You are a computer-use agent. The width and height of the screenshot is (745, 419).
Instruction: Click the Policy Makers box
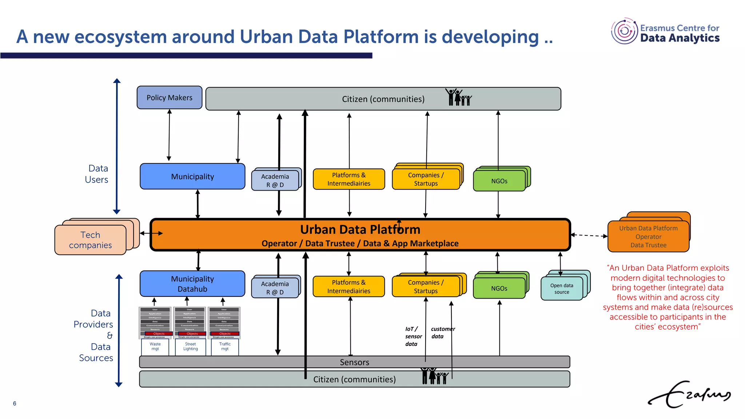[x=169, y=97]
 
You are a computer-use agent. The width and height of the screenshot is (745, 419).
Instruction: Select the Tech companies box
[x=90, y=240]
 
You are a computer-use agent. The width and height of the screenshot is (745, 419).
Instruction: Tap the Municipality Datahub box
[x=192, y=284]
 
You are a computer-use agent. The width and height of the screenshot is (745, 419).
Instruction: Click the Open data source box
[x=562, y=289]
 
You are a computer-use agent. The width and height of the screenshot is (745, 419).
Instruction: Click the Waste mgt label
[x=155, y=346]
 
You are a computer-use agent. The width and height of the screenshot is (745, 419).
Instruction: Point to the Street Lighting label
[x=190, y=346]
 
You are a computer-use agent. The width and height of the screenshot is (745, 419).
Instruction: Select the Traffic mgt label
[x=225, y=346]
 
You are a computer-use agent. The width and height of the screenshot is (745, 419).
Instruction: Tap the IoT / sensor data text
[x=413, y=336]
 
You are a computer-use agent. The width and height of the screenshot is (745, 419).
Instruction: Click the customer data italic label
[x=442, y=332]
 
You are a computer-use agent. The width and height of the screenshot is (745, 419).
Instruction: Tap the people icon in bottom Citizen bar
[x=434, y=376]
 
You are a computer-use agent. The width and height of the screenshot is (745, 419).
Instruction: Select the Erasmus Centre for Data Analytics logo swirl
[x=624, y=31]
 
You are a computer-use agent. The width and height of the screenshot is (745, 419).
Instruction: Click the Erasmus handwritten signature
[x=689, y=395]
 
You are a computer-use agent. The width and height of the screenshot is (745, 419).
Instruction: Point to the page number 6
[x=15, y=403]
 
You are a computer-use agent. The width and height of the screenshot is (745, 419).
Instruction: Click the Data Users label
[x=97, y=174]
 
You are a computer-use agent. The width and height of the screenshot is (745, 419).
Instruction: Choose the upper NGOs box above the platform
[x=499, y=181]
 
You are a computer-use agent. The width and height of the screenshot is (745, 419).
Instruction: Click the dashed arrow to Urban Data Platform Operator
[x=589, y=235]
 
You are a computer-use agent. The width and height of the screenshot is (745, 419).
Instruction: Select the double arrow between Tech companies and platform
[x=151, y=233]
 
